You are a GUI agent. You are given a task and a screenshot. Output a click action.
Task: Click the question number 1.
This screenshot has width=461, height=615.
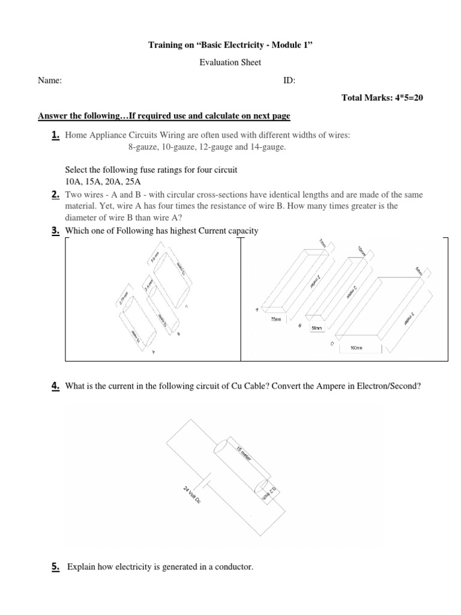(55, 136)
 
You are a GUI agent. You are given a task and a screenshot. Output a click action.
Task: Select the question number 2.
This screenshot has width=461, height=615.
(55, 195)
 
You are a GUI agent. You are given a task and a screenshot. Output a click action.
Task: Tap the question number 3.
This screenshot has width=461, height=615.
(55, 231)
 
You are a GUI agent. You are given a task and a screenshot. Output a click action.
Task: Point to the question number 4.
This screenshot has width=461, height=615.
(55, 387)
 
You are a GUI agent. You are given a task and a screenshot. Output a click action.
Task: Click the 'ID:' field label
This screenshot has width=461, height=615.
(289, 81)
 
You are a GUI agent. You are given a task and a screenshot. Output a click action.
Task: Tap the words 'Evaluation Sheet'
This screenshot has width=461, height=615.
(230, 62)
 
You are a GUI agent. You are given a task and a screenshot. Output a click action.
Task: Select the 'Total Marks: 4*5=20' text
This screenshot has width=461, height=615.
(382, 98)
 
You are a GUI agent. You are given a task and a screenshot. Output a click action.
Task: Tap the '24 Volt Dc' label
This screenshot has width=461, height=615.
(193, 499)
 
